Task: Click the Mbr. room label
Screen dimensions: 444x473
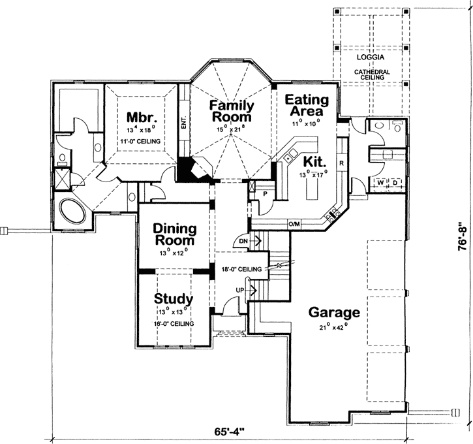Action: pyautogui.click(x=142, y=118)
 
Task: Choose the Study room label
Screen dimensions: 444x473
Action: pyautogui.click(x=174, y=299)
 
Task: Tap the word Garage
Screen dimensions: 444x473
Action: pyautogui.click(x=335, y=311)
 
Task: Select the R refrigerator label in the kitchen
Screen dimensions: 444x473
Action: pyautogui.click(x=341, y=163)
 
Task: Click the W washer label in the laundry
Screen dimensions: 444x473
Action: pyautogui.click(x=380, y=182)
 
